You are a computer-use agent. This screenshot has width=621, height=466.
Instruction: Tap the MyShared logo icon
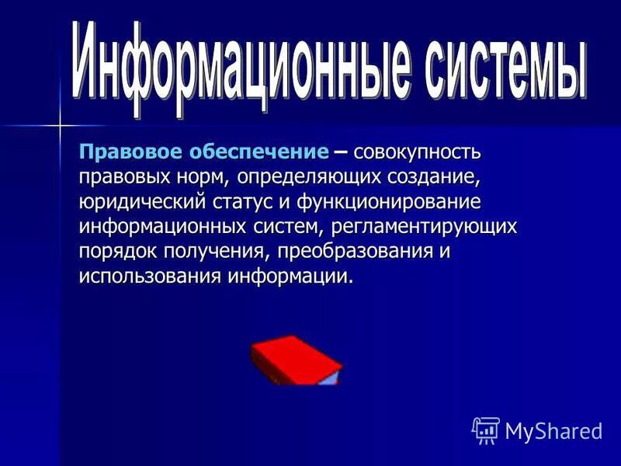pyautogui.click(x=485, y=429)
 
